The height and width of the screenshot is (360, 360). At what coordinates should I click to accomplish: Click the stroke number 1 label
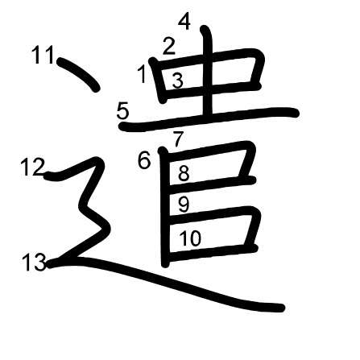pos(143,74)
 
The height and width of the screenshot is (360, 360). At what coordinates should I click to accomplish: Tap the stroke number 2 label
pos(169,46)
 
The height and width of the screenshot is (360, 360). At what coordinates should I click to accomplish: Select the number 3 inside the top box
pos(178,81)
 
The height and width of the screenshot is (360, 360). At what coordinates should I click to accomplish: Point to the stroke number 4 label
pos(184,22)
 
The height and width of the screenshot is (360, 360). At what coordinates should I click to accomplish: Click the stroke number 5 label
pos(122,111)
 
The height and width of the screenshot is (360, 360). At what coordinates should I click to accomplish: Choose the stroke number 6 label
pos(144,161)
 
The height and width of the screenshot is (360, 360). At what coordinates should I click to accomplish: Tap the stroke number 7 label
pos(178,139)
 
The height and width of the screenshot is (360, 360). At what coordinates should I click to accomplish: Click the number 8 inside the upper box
pos(184,173)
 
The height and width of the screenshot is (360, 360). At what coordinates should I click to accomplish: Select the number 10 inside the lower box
pos(190,238)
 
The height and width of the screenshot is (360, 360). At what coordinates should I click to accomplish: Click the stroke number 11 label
pos(43,55)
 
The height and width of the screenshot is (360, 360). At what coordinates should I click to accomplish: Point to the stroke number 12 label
pos(33,167)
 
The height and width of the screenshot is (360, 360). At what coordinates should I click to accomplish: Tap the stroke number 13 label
pos(34,263)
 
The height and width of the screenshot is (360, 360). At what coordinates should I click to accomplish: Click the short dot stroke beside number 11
pos(78,73)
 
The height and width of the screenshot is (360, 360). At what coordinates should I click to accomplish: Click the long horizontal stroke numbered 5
pos(209,119)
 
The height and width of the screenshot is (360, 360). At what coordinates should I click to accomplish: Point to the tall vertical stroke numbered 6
pos(164,207)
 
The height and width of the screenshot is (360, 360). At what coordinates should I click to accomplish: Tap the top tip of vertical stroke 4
pos(204,28)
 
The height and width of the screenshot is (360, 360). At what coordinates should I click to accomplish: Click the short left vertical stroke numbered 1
pos(159,81)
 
